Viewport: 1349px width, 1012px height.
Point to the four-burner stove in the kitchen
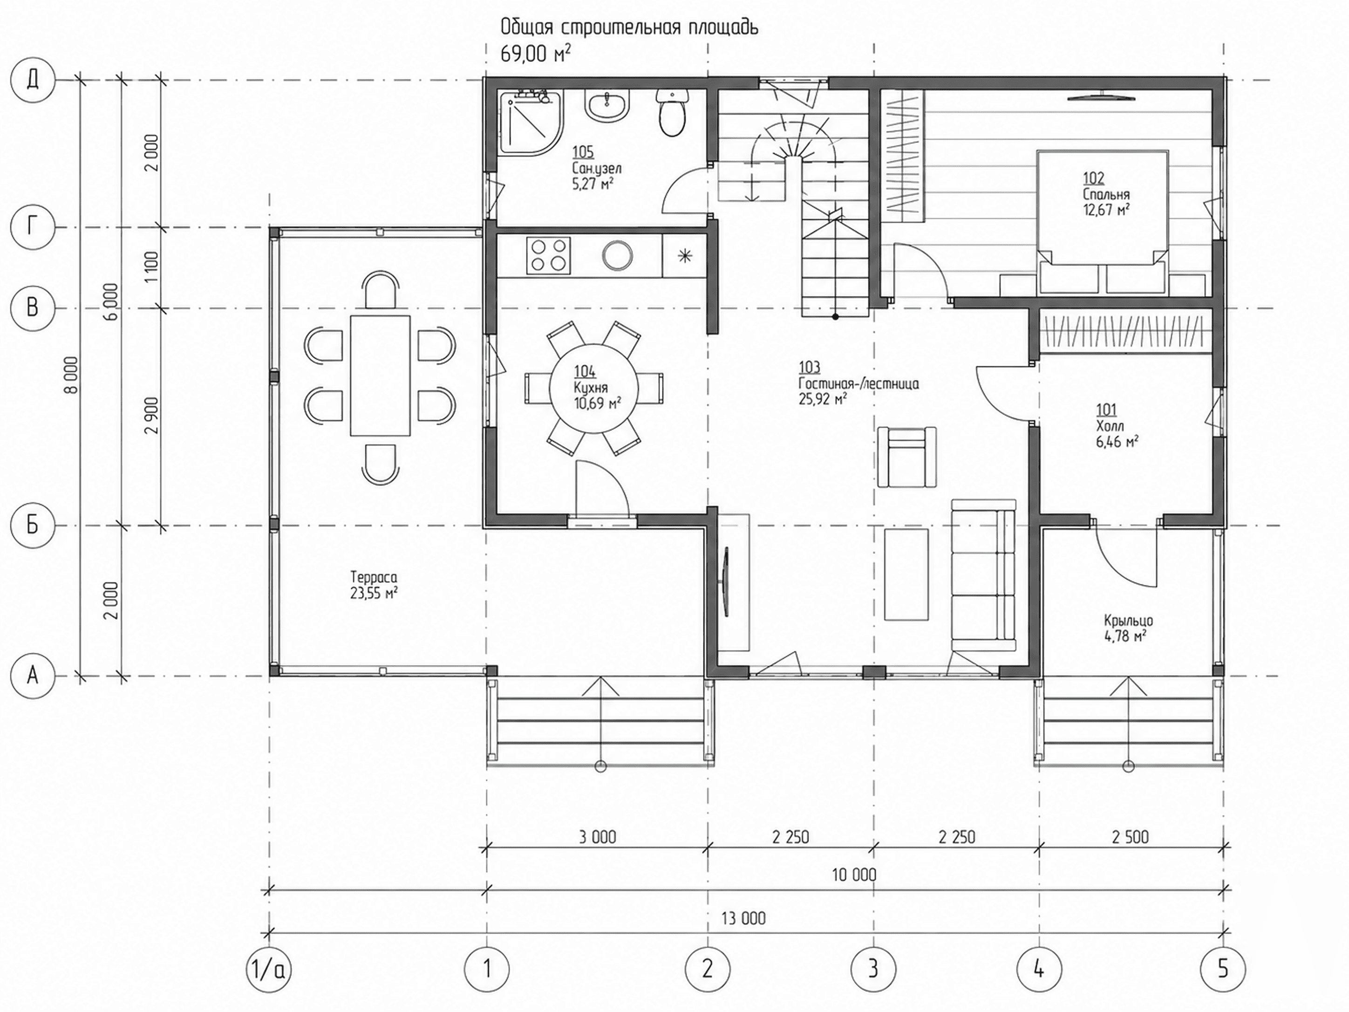pos(549,255)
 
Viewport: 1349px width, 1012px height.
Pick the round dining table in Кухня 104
pos(594,389)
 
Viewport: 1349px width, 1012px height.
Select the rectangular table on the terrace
pos(380,375)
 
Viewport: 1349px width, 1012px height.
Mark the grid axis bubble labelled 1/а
pos(268,969)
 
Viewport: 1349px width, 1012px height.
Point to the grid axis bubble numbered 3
pos(873,969)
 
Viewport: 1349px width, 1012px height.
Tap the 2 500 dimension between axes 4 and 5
pos(1130,837)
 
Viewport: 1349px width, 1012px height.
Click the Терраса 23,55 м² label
pos(374,585)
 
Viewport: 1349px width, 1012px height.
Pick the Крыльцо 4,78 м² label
pos(1128,628)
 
